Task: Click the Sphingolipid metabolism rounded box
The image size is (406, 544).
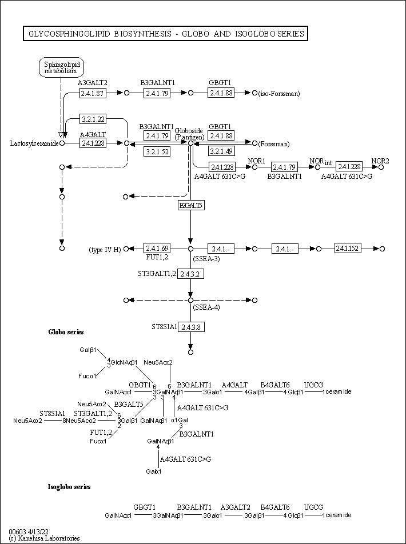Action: (x=60, y=67)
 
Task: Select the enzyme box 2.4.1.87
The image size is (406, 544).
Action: (x=93, y=93)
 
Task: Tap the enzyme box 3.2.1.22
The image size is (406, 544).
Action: (x=93, y=119)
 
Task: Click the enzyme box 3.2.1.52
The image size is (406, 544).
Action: (x=157, y=151)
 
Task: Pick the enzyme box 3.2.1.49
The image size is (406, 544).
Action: (x=221, y=151)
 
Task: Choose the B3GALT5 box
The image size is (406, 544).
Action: (x=191, y=205)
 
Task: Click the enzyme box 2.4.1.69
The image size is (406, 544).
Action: (x=157, y=249)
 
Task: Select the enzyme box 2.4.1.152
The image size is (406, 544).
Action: (x=348, y=249)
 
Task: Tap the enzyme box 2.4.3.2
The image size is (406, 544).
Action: (x=191, y=274)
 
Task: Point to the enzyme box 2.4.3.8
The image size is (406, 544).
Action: (x=191, y=327)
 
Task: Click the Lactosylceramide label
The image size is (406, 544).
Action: (x=34, y=143)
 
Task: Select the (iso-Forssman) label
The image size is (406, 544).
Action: (x=279, y=93)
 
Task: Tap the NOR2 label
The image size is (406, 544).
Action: (x=380, y=161)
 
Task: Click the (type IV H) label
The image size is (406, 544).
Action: (x=105, y=250)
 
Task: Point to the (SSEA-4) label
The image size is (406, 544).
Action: (x=206, y=307)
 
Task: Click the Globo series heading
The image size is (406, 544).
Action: (x=66, y=332)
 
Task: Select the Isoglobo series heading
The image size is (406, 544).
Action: (x=69, y=487)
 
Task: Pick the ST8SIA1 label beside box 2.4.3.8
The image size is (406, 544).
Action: (x=164, y=327)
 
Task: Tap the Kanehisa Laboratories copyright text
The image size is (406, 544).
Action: (x=45, y=538)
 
